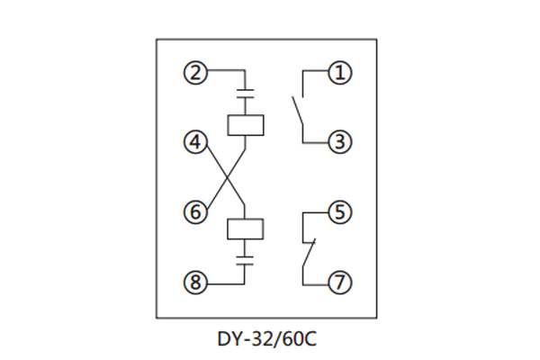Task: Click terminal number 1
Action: pyautogui.click(x=338, y=71)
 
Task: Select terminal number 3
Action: pyautogui.click(x=338, y=141)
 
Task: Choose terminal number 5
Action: pyautogui.click(x=338, y=213)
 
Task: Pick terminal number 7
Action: pyautogui.click(x=338, y=283)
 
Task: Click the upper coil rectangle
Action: pyautogui.click(x=246, y=124)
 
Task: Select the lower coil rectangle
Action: pyautogui.click(x=246, y=229)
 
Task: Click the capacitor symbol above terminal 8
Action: pyautogui.click(x=246, y=261)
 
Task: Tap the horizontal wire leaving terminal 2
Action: pyautogui.click(x=225, y=71)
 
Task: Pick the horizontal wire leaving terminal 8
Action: pyautogui.click(x=225, y=283)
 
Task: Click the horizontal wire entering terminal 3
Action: pyautogui.click(x=315, y=141)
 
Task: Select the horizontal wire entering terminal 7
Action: pyautogui.click(x=315, y=283)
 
